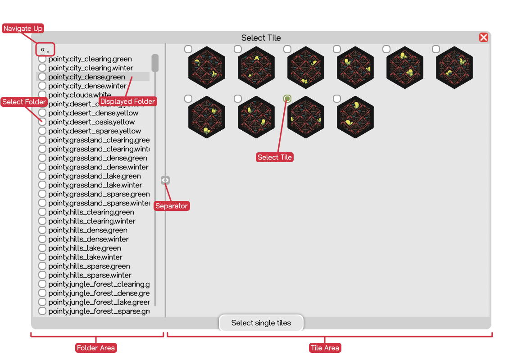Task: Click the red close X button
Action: (483, 37)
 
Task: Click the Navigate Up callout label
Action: (23, 28)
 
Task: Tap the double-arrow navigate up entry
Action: (45, 50)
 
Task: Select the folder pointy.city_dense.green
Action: (86, 77)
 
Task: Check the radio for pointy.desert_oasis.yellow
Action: (42, 122)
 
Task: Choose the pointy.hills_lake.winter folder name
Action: (85, 257)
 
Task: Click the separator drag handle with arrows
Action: (165, 180)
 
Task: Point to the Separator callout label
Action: (171, 206)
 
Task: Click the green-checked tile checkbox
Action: (287, 99)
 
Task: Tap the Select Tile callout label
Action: (275, 157)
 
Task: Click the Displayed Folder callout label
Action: (127, 101)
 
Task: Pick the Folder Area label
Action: (96, 348)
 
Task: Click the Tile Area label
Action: (325, 348)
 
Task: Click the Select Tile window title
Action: (261, 38)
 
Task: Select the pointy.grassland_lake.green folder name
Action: (94, 176)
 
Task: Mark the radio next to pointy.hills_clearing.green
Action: (42, 212)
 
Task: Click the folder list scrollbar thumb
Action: (155, 63)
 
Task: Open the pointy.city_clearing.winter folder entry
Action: (91, 68)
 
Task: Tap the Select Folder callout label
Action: (24, 102)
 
